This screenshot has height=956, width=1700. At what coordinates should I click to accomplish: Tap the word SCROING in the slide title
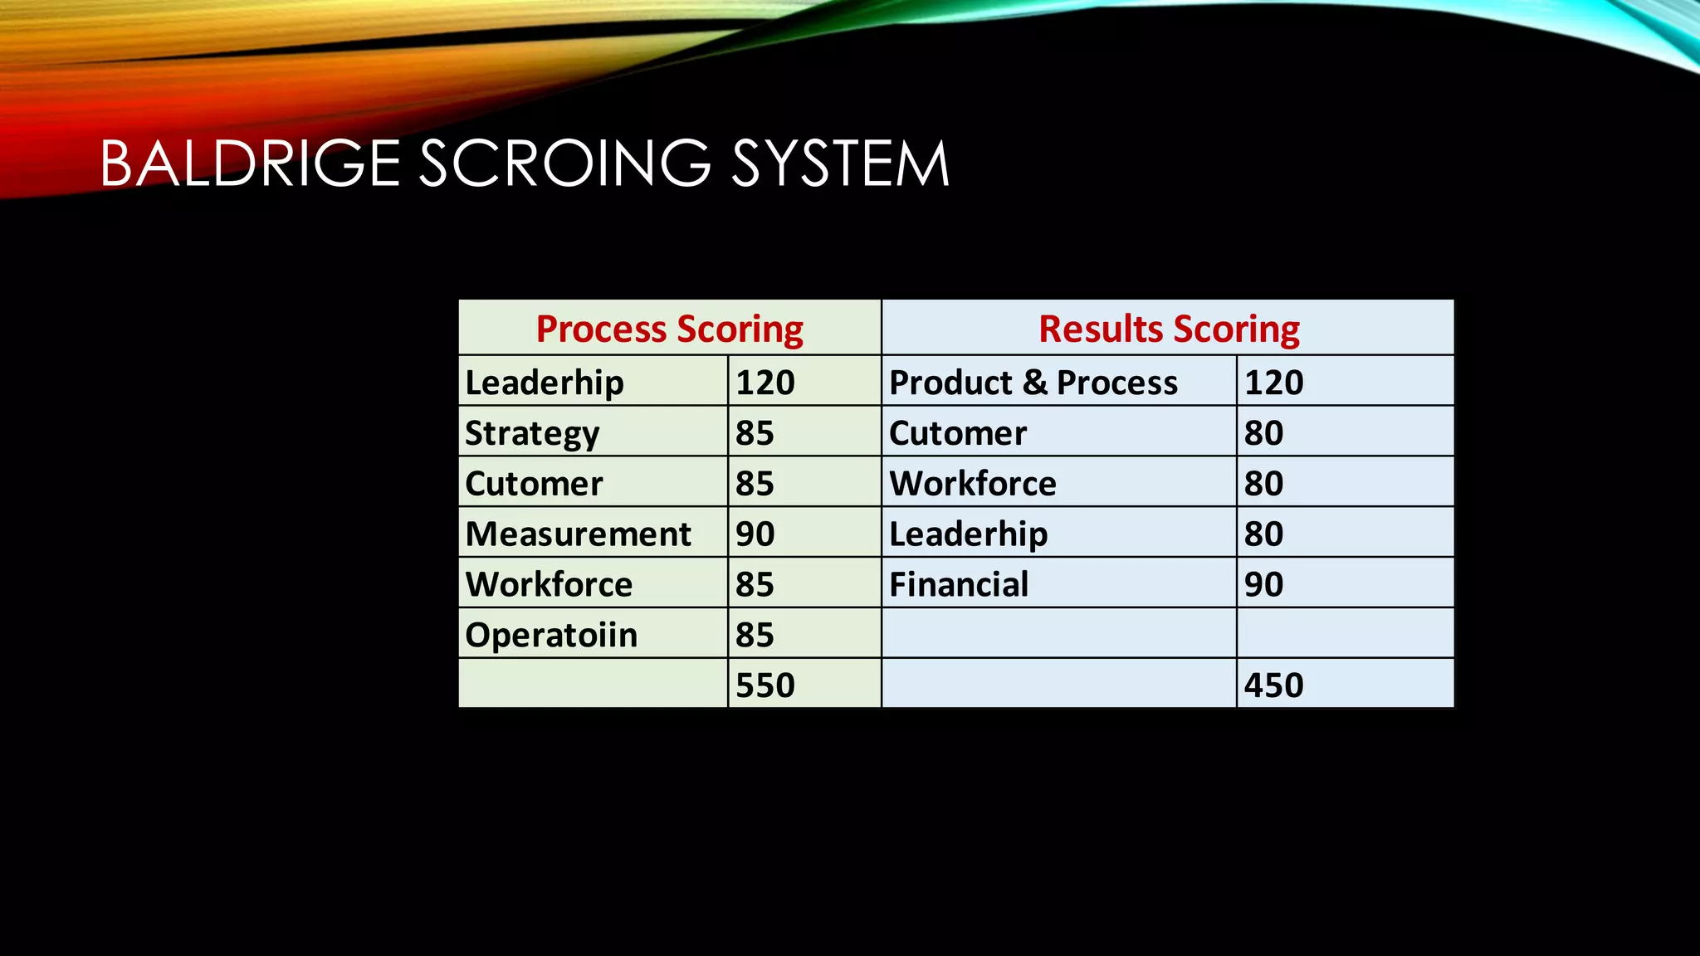pyautogui.click(x=564, y=163)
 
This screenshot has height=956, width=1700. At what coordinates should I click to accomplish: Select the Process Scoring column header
pyautogui.click(x=669, y=329)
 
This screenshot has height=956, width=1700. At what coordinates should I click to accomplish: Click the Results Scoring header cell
pyautogui.click(x=1168, y=329)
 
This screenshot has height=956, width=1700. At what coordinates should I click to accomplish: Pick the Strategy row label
pyautogui.click(x=532, y=433)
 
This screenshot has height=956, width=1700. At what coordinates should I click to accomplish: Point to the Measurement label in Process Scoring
pyautogui.click(x=578, y=534)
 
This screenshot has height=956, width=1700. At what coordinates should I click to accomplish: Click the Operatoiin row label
pyautogui.click(x=551, y=635)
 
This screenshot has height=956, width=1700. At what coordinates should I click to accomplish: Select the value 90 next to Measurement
pyautogui.click(x=755, y=534)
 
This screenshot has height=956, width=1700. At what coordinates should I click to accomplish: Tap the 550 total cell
pyautogui.click(x=765, y=685)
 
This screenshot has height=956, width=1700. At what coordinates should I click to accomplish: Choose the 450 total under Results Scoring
pyautogui.click(x=1273, y=685)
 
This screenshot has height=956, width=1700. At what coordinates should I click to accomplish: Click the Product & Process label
pyautogui.click(x=1033, y=383)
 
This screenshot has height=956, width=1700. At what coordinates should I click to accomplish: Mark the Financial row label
pyautogui.click(x=959, y=584)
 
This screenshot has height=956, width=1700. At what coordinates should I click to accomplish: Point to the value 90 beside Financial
pyautogui.click(x=1263, y=584)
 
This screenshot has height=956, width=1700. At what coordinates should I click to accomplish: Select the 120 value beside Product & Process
pyautogui.click(x=1273, y=383)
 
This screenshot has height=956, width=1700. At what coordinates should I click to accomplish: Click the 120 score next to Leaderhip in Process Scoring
pyautogui.click(x=765, y=383)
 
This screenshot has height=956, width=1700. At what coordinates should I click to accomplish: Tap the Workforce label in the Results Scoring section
pyautogui.click(x=973, y=484)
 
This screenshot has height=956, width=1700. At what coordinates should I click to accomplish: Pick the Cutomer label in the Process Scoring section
pyautogui.click(x=534, y=484)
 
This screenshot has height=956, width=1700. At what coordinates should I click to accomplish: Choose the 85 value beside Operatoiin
pyautogui.click(x=755, y=635)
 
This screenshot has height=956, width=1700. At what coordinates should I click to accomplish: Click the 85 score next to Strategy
pyautogui.click(x=755, y=433)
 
